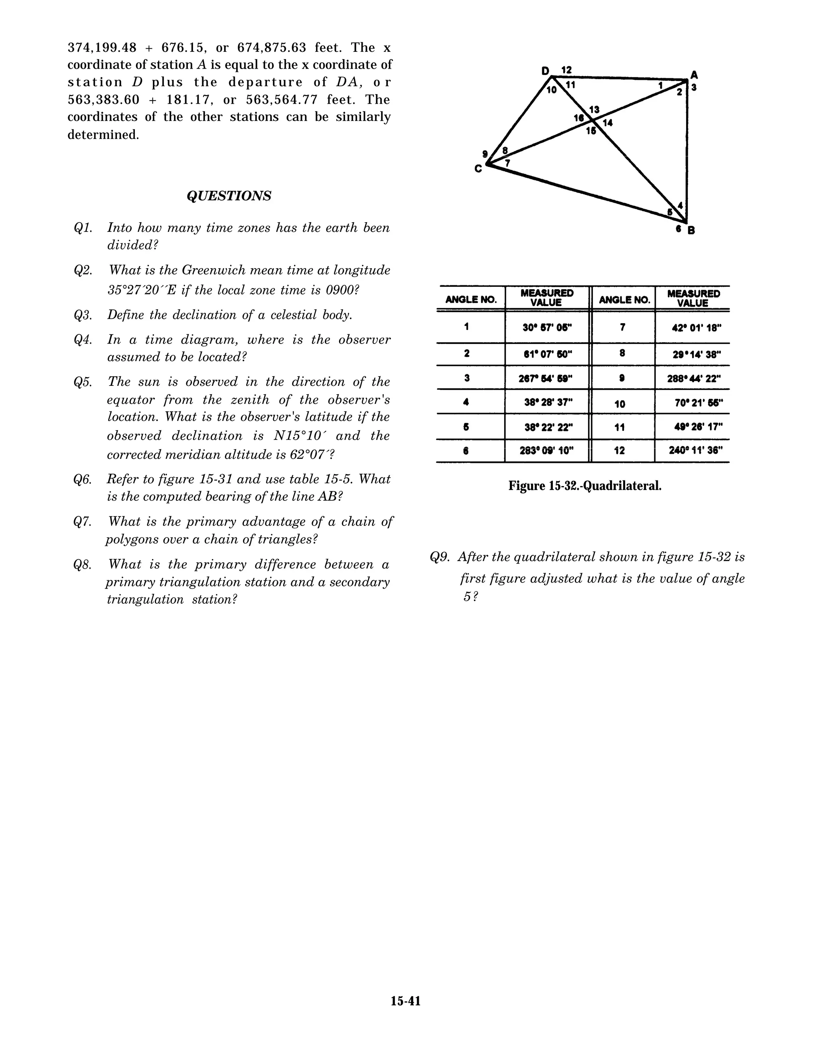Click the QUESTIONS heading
point(229,196)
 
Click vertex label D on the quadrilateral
point(545,71)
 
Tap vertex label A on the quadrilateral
point(694,75)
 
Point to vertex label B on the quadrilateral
point(691,230)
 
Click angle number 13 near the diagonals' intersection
point(594,110)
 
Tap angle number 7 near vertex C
point(507,163)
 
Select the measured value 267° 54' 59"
point(547,378)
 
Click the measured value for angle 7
point(694,328)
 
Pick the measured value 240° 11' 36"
point(694,450)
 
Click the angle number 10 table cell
point(620,404)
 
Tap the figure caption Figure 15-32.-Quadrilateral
point(584,485)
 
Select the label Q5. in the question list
point(83,382)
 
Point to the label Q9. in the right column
point(440,557)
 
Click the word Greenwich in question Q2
point(205,270)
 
